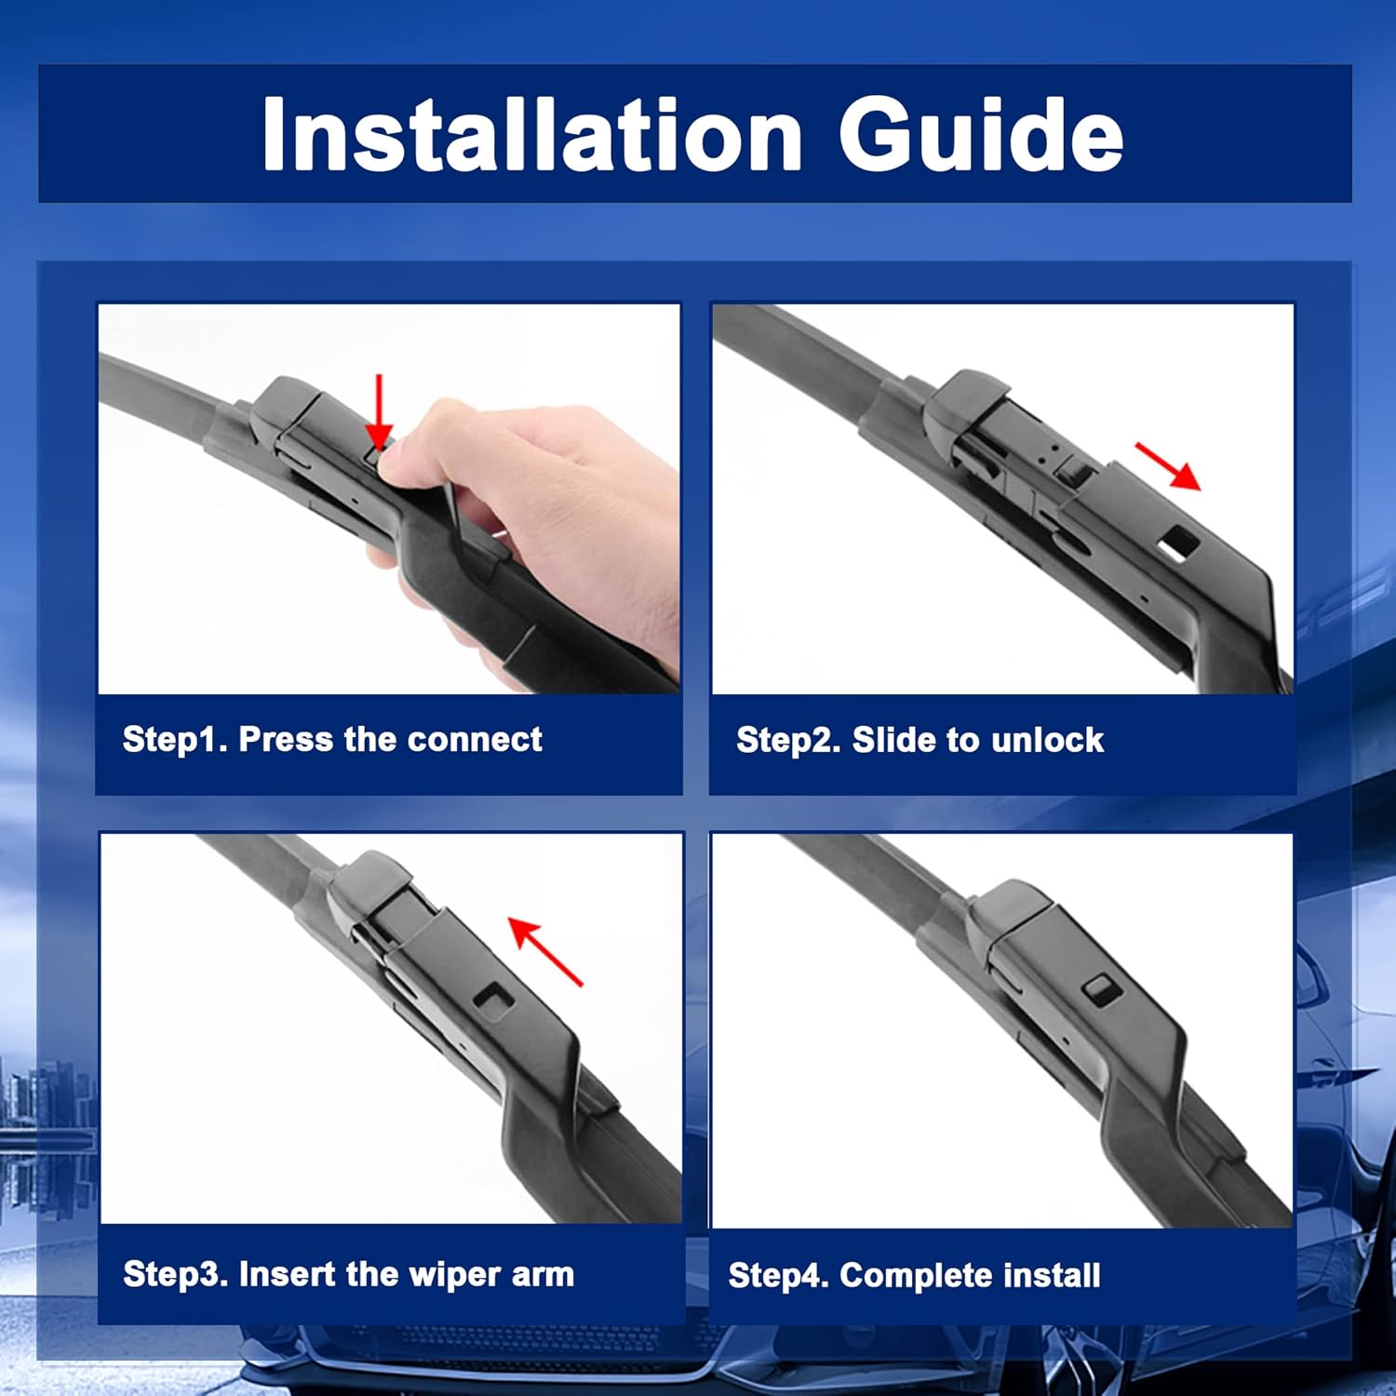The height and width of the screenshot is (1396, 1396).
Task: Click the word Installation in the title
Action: (x=532, y=134)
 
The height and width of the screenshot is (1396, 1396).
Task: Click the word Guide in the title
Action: (x=981, y=134)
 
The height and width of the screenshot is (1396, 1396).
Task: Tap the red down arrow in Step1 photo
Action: (x=379, y=411)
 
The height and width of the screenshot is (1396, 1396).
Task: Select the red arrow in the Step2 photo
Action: (x=1168, y=465)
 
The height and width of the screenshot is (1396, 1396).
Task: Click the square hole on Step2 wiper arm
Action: (x=1179, y=541)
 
